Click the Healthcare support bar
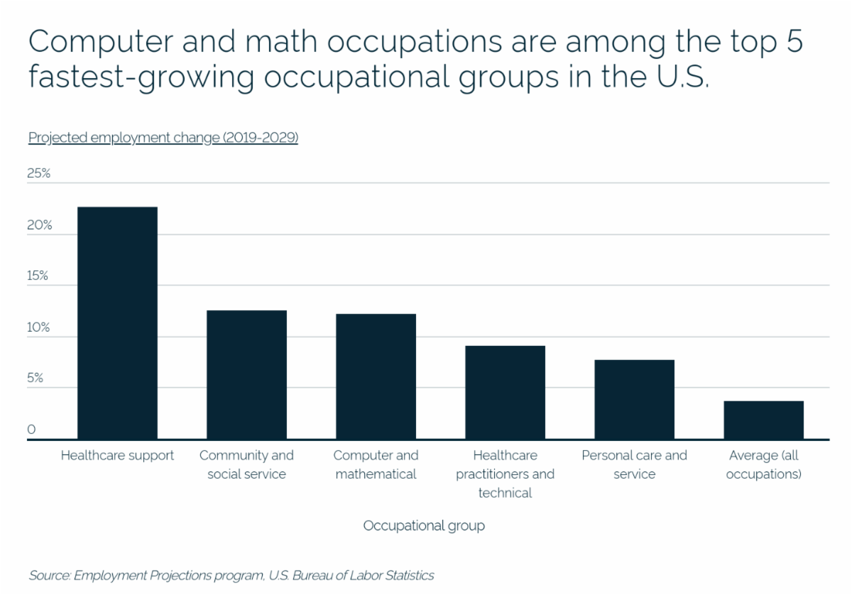coord(117,323)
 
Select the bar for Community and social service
coord(246,375)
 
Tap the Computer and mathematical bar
coord(376,376)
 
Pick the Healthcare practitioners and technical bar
coord(505,393)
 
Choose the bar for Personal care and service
coord(634,400)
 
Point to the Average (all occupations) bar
coord(763,420)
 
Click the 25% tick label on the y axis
coord(40,173)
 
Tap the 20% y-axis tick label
coord(40,225)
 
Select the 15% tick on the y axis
coord(38,276)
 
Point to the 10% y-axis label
coord(39,328)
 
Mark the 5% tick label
coord(35,379)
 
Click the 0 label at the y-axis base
coord(31,430)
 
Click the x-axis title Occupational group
coord(424,526)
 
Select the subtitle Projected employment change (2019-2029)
coord(163,138)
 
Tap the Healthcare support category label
coord(117,456)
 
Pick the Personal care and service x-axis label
coord(634,464)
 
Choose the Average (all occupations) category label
coord(763,464)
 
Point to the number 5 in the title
coord(794,43)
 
